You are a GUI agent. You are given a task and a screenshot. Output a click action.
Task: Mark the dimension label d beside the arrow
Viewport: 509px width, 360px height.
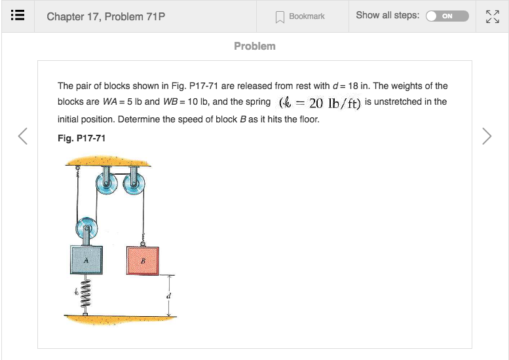169,295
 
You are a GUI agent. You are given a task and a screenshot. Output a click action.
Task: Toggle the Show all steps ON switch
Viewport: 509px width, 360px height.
447,16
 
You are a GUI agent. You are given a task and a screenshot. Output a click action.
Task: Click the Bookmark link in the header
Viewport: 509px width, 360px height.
300,16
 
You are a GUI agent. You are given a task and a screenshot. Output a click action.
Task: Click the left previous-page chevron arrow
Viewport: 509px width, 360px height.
23,135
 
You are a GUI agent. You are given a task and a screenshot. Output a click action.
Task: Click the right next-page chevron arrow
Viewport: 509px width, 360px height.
486,135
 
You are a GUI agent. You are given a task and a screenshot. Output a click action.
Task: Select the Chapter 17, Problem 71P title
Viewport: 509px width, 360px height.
105,16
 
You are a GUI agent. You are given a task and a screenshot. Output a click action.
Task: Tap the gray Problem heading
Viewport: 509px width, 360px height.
255,46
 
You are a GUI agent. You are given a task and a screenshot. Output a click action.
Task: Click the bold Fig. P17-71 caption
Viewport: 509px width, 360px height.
81,138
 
